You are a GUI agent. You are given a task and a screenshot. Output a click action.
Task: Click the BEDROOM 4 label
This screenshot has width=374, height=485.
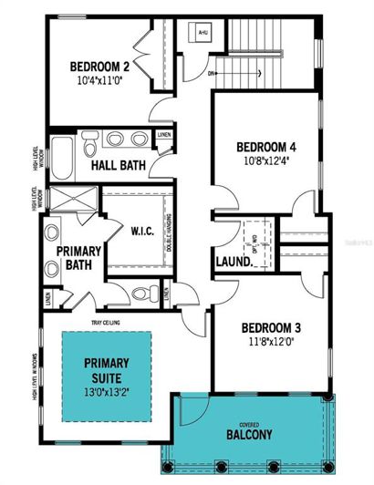[265, 148]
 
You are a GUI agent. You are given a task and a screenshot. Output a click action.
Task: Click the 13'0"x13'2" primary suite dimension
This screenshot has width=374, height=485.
[107, 391]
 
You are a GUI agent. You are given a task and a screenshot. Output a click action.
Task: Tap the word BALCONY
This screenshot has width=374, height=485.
[251, 436]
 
